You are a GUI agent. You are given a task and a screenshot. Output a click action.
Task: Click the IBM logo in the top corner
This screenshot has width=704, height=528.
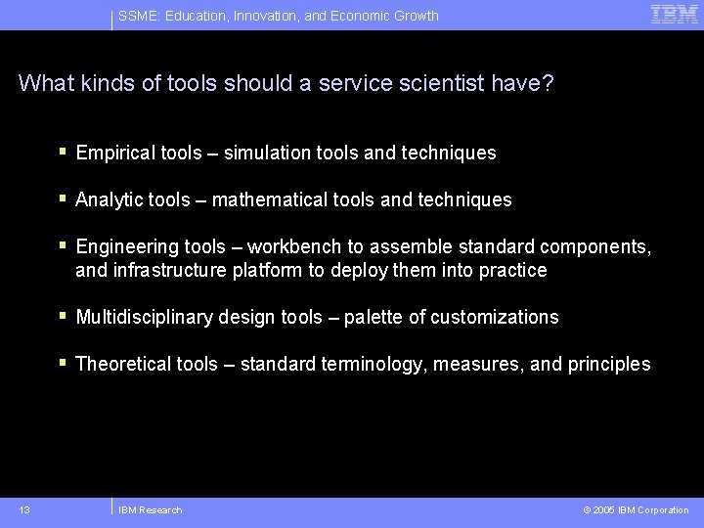point(674,14)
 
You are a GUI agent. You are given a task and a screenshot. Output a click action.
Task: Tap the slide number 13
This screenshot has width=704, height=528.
point(24,509)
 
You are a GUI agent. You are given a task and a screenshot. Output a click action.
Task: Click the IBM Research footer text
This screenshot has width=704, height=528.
point(150,509)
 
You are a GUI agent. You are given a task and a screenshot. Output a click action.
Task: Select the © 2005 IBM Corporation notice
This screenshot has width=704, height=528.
point(636,509)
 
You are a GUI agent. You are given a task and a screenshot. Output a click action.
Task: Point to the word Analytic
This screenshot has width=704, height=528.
point(107,200)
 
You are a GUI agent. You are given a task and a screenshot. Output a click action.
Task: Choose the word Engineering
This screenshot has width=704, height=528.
point(122,247)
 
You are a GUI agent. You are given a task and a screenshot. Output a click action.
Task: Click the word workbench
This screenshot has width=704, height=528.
point(292,247)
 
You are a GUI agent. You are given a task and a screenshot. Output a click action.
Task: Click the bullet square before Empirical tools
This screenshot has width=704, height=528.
point(63,152)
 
